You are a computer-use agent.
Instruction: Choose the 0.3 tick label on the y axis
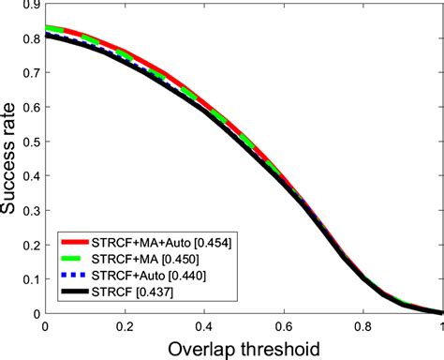[x=31, y=211]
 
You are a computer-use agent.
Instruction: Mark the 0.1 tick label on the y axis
[x=31, y=279]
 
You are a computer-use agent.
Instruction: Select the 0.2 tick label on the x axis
[x=125, y=326]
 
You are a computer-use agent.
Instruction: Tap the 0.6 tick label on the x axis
[x=283, y=326]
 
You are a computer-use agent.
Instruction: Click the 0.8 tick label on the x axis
[x=363, y=326]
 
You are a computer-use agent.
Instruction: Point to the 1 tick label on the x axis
[x=439, y=326]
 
